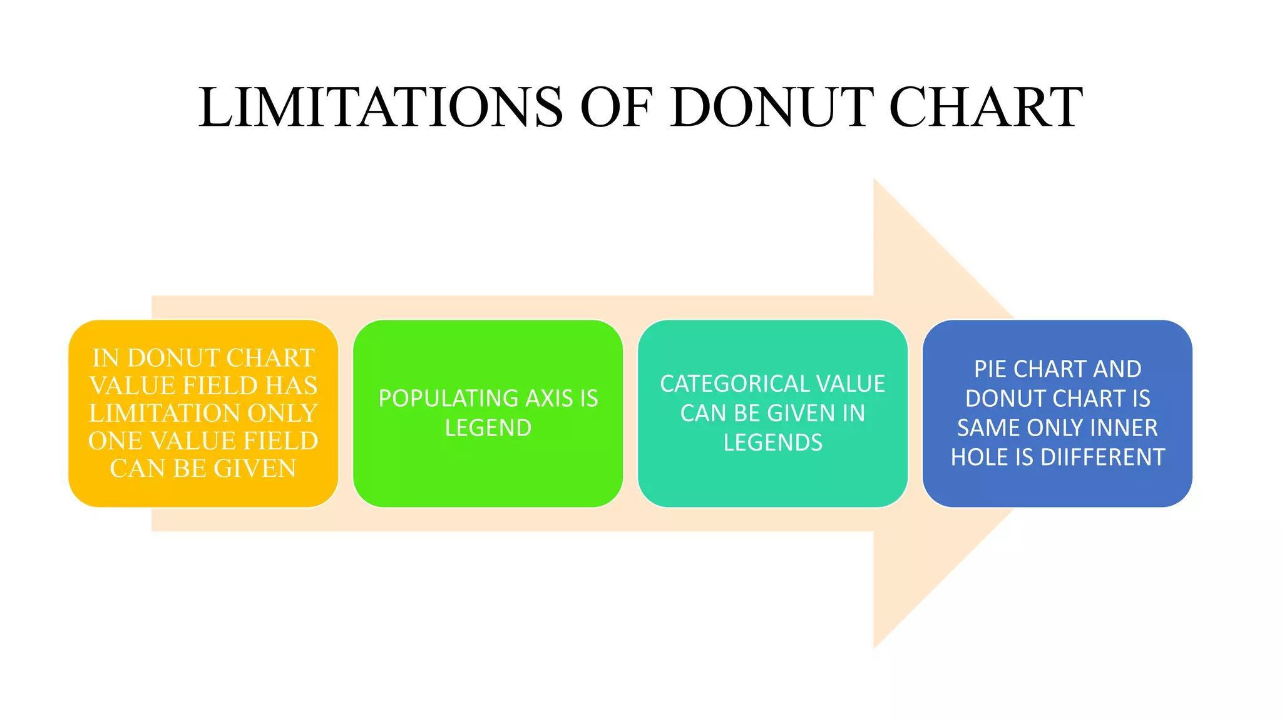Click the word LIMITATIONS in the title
[381, 108]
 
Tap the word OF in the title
[617, 108]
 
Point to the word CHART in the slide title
[986, 108]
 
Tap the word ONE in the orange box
[115, 441]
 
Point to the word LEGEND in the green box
[488, 428]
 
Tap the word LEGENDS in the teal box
[773, 443]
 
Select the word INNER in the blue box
[1124, 428]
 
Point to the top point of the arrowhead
[874, 179]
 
